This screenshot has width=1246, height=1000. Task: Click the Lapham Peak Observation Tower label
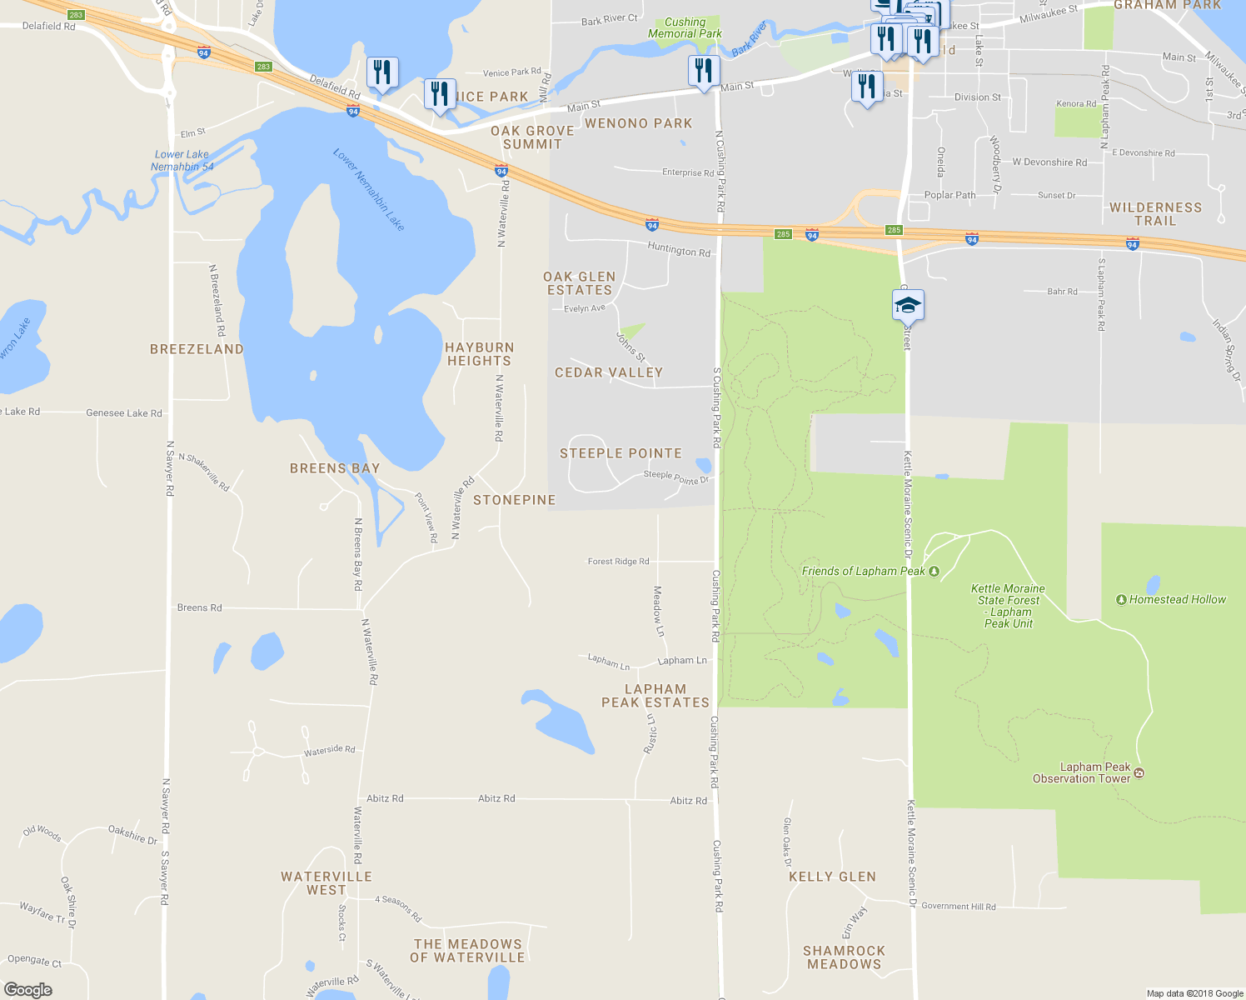[x=1082, y=772]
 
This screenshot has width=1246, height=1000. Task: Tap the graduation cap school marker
[x=908, y=306]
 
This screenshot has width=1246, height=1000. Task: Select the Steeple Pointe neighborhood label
[x=621, y=453]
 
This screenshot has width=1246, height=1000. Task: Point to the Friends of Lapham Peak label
[x=863, y=571]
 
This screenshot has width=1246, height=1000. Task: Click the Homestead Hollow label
[x=1177, y=599]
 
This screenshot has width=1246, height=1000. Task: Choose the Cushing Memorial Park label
[x=685, y=27]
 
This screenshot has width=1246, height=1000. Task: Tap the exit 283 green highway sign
[x=264, y=67]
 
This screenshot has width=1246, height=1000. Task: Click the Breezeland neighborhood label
[x=197, y=349]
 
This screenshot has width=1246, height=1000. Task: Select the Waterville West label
[x=326, y=883]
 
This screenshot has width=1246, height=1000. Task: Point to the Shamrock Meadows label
[x=844, y=957]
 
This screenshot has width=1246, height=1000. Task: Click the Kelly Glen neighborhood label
[x=832, y=877]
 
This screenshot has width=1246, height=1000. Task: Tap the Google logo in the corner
[x=27, y=989]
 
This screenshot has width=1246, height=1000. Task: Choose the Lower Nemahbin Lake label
[x=368, y=190]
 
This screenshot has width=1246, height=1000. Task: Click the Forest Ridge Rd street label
[x=618, y=562]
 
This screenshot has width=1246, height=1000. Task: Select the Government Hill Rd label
[x=958, y=906]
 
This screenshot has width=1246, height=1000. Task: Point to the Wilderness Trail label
[x=1155, y=214]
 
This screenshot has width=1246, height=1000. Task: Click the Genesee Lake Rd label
[x=124, y=412]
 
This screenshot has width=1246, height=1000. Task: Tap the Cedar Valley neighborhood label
[x=609, y=372]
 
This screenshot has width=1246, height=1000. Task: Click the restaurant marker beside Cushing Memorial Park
[x=704, y=72]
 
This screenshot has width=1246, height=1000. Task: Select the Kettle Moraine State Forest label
[x=1008, y=606]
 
